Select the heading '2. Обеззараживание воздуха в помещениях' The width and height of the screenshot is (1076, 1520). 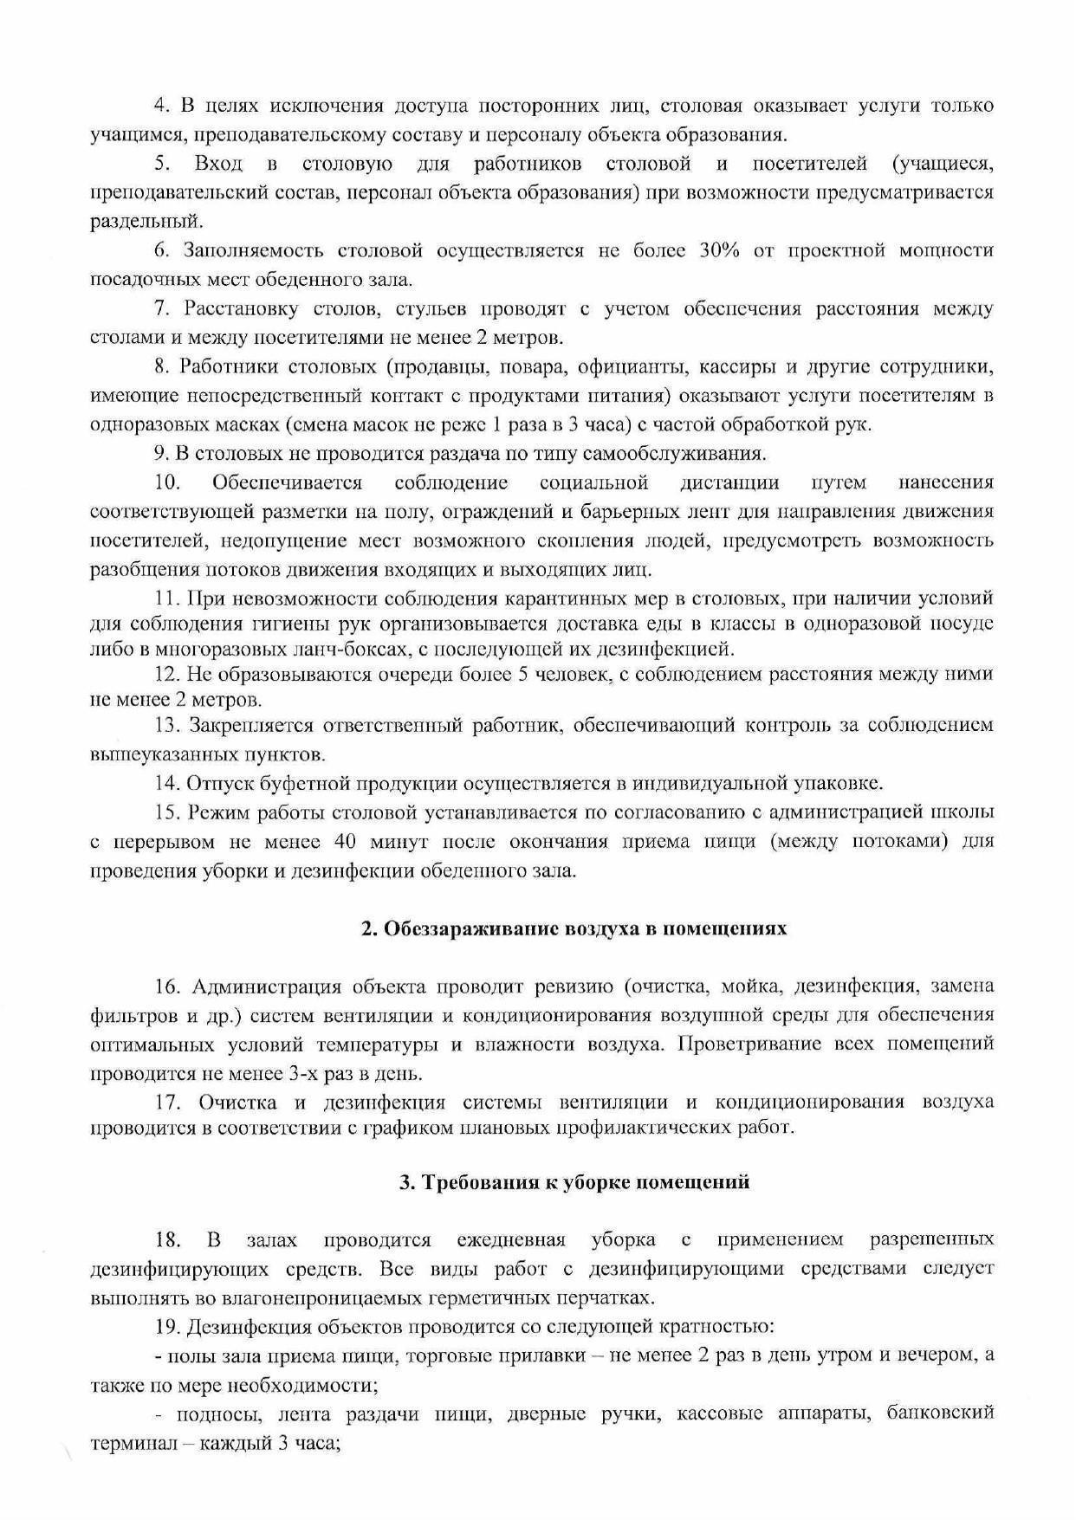(574, 928)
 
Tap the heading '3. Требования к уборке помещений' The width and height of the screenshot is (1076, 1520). (574, 1182)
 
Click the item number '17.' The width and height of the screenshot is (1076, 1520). (167, 1103)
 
